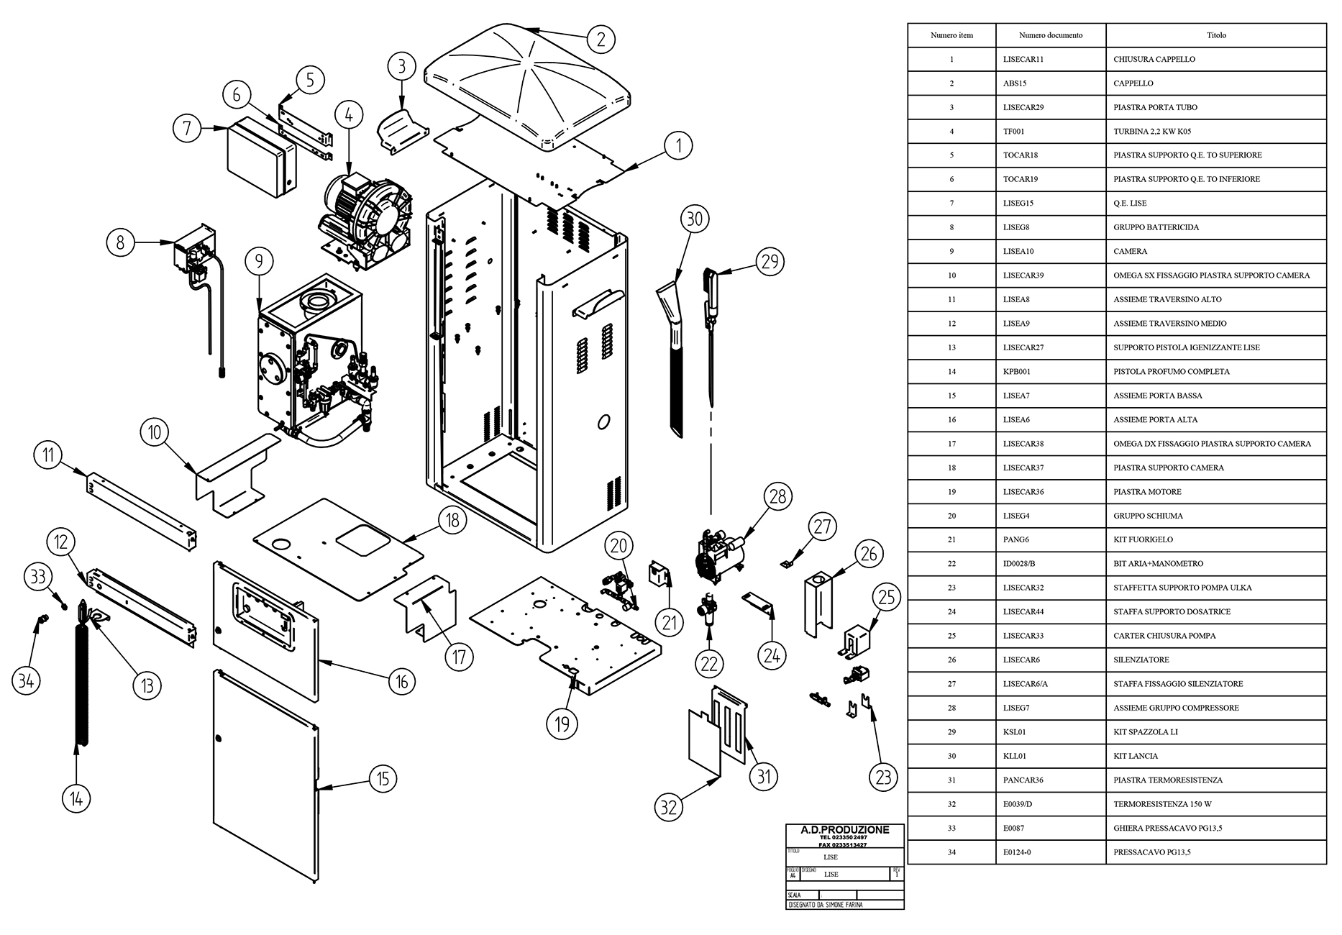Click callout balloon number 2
click(x=601, y=38)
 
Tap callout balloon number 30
click(x=694, y=219)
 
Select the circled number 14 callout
click(x=76, y=798)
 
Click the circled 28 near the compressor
click(x=777, y=496)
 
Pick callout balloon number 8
click(x=120, y=242)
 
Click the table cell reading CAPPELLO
click(x=1133, y=83)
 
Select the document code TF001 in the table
click(x=1014, y=132)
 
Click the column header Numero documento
click(x=1050, y=35)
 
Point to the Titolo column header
click(x=1216, y=35)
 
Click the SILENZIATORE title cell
click(x=1141, y=660)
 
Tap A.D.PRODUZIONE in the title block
click(x=844, y=830)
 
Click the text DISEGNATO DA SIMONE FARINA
click(x=825, y=905)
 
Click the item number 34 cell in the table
click(x=951, y=852)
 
